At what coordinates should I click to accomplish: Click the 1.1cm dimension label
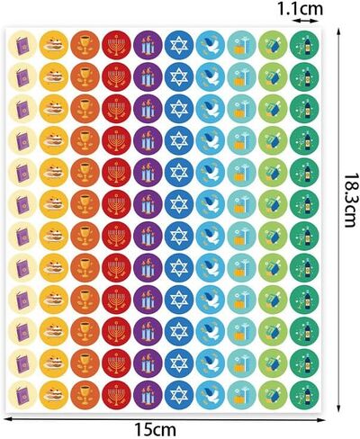tap(300, 9)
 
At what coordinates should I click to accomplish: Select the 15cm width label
tap(155, 430)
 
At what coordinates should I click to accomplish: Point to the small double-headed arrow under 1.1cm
tap(306, 21)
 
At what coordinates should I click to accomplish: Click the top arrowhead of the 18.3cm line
tap(339, 31)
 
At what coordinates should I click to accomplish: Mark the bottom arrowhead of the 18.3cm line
tap(339, 408)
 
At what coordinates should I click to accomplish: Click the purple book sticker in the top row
tap(22, 45)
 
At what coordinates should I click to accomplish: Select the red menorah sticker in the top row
tap(116, 45)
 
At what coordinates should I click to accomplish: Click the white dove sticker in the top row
tap(211, 45)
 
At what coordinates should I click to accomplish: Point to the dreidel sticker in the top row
tap(273, 45)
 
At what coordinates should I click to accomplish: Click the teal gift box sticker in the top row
tap(242, 45)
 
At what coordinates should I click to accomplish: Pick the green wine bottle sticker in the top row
tap(304, 45)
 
